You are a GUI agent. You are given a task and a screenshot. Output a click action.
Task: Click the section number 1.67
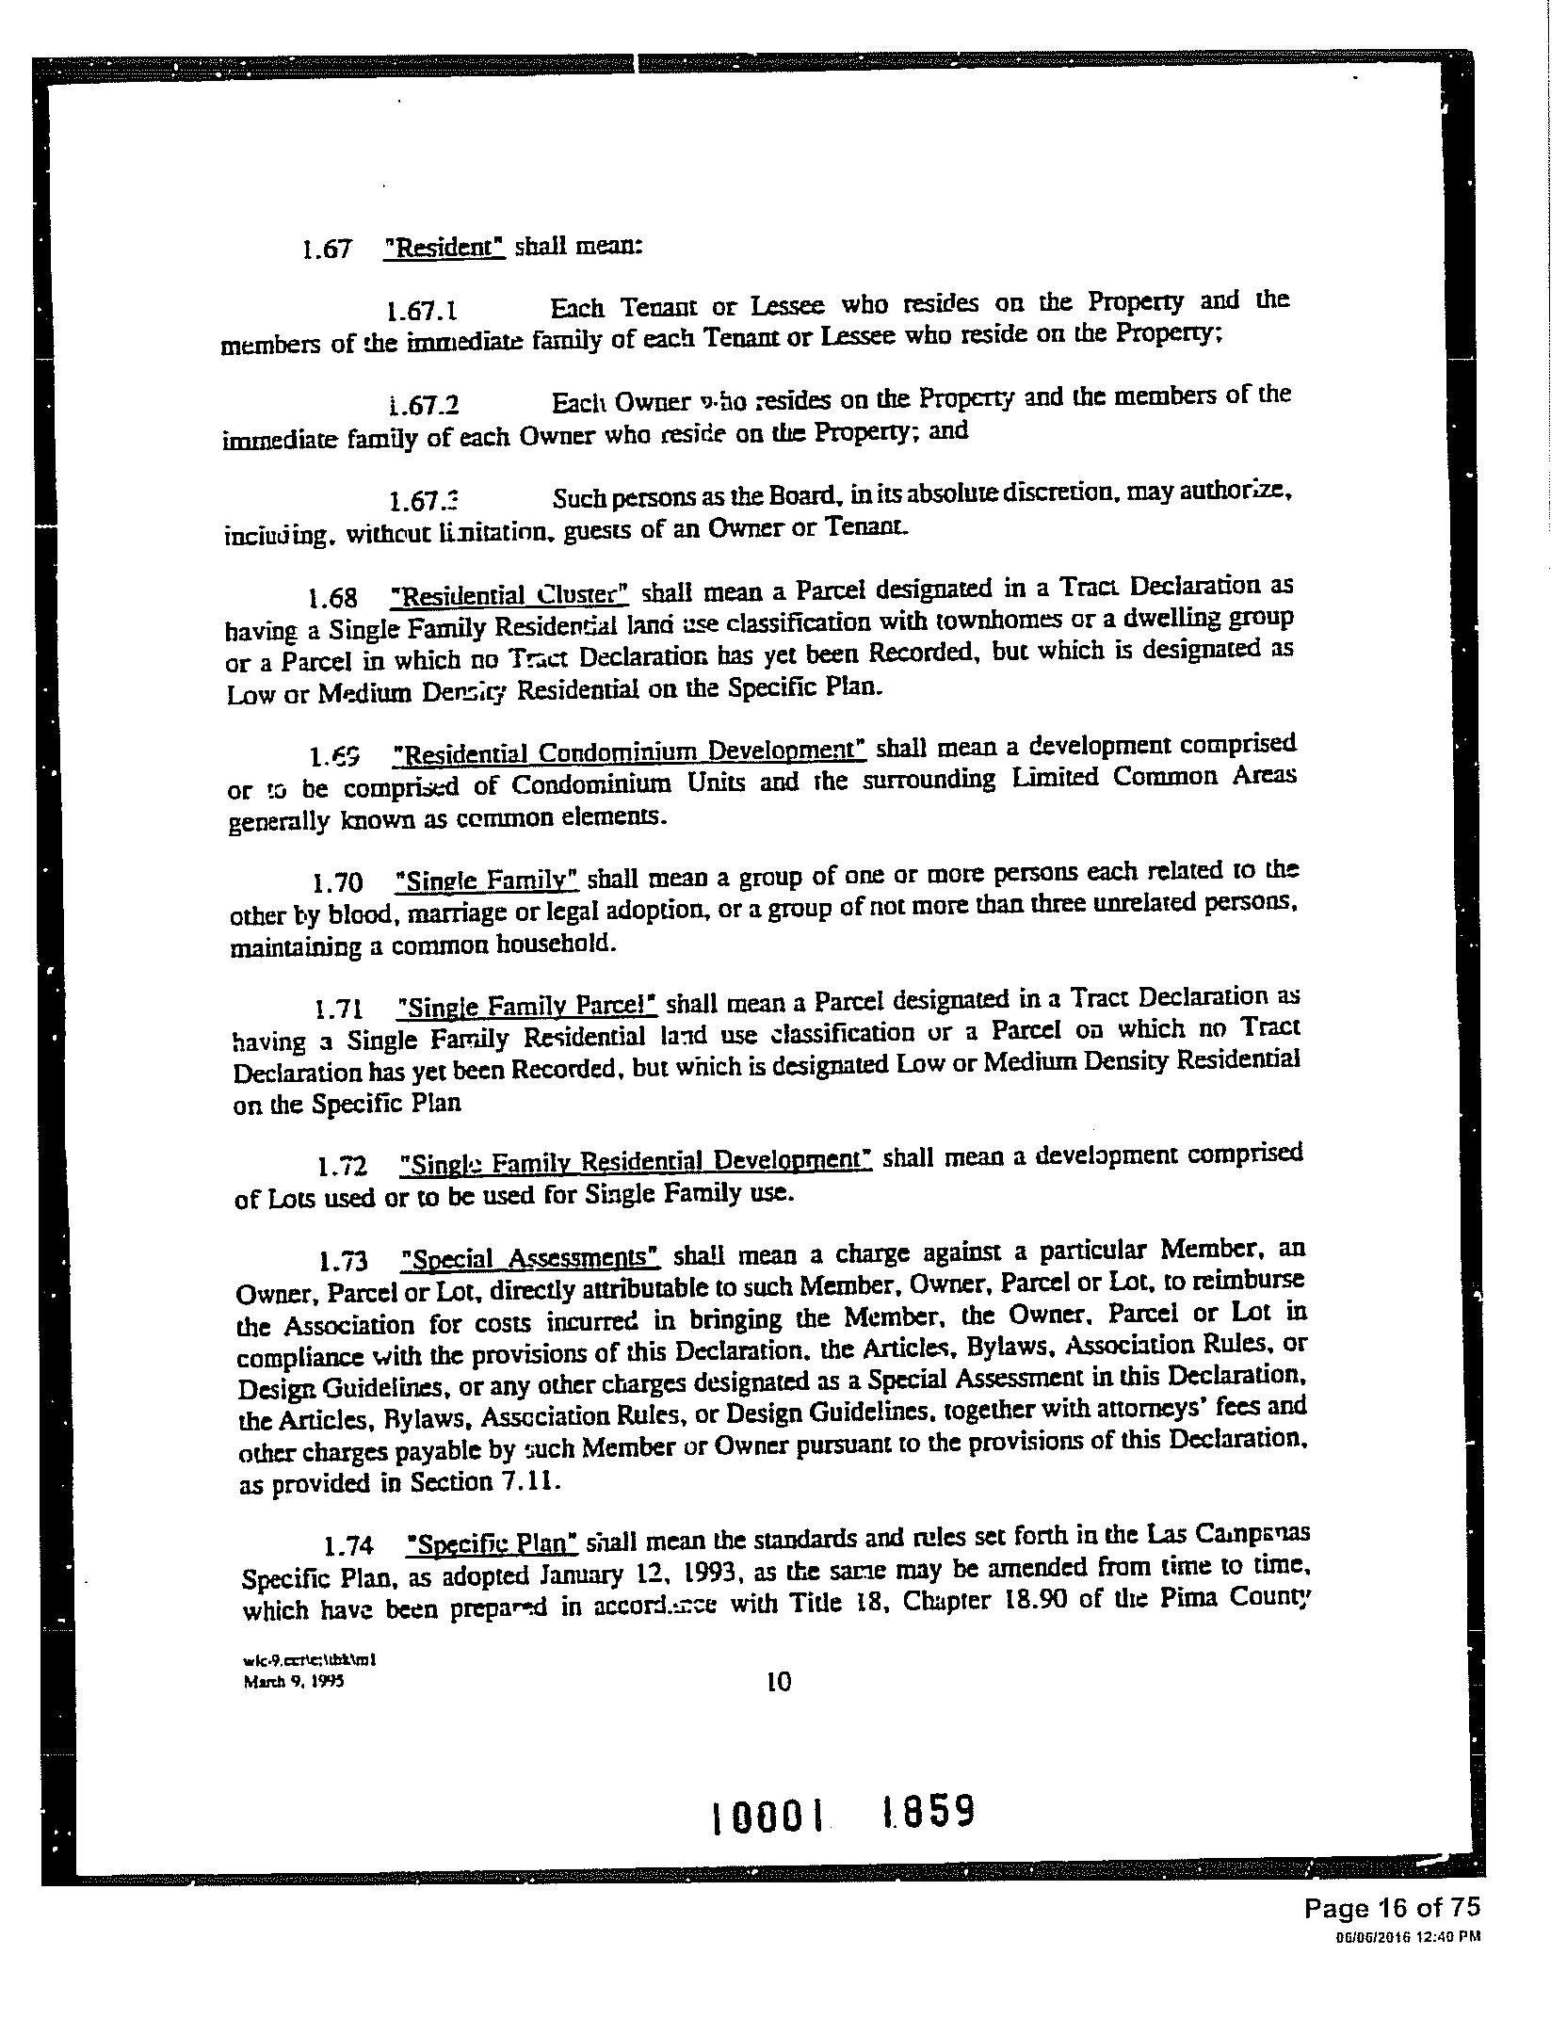326,249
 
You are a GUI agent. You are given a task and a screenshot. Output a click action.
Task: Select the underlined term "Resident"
445,247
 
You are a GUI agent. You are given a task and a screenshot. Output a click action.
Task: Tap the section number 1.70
337,883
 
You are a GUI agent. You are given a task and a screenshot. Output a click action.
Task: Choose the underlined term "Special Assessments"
529,1258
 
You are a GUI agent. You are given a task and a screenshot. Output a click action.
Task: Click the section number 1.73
343,1261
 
